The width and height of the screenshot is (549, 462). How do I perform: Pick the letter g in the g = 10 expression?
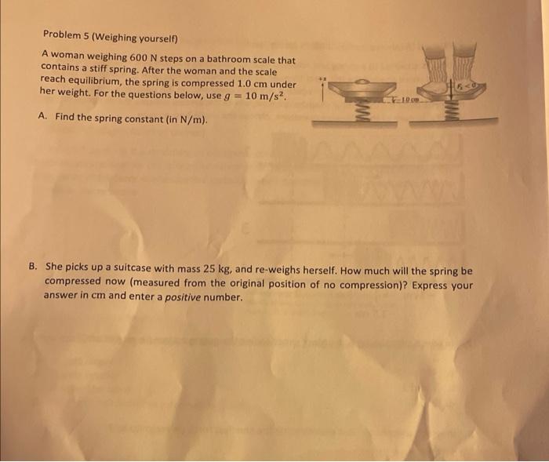228,96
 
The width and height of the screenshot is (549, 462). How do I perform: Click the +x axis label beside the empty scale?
324,78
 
